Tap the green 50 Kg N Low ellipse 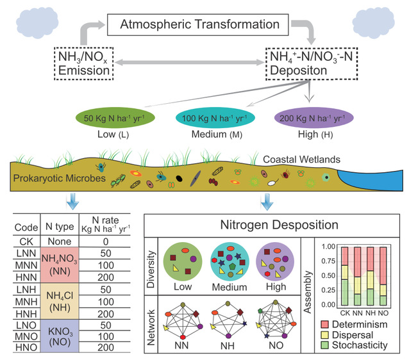pyautogui.click(x=112, y=119)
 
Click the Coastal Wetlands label pyautogui.click(x=301, y=159)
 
